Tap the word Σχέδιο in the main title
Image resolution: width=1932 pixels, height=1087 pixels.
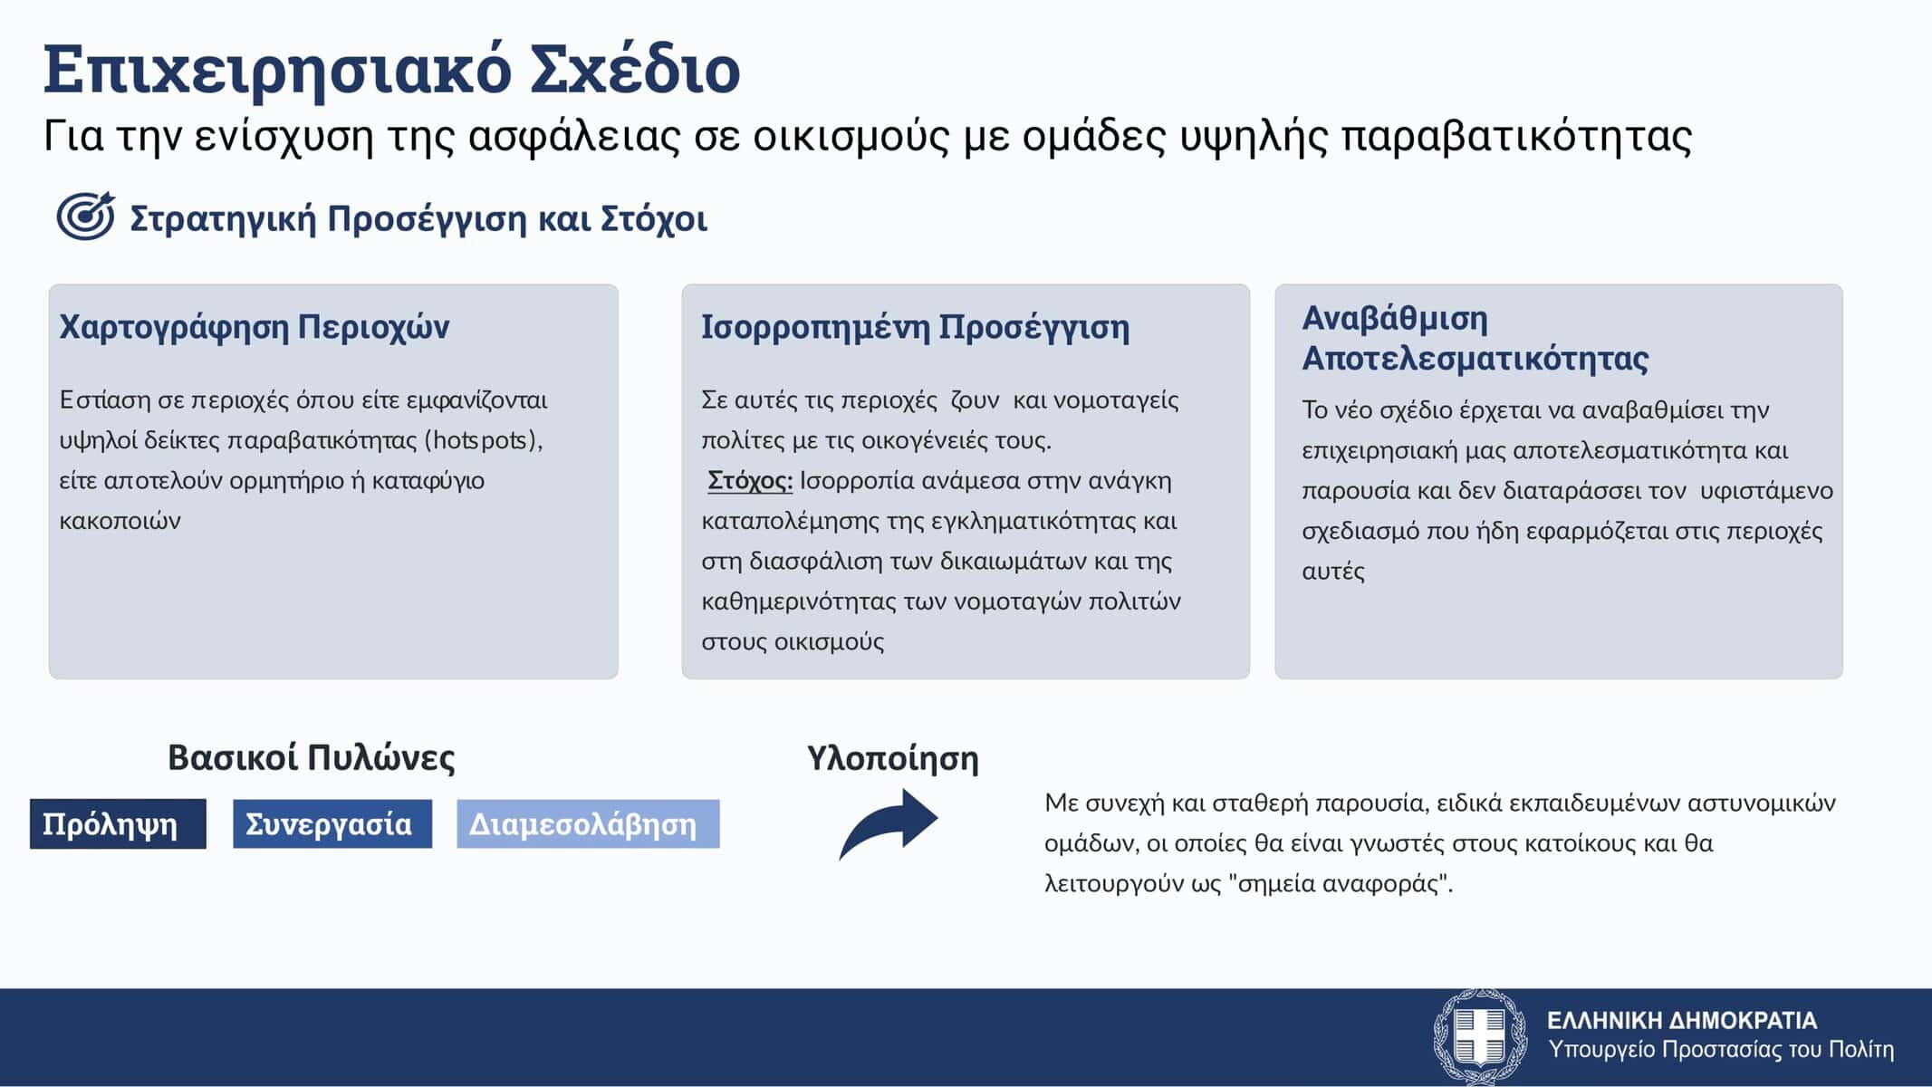point(635,69)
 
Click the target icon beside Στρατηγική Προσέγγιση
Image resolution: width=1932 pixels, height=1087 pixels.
point(86,216)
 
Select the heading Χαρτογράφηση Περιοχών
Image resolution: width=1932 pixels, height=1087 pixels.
point(255,327)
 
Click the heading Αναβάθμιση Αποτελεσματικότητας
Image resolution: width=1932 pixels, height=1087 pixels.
point(1475,339)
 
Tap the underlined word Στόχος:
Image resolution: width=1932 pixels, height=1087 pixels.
point(750,480)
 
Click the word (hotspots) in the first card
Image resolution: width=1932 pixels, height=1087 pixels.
point(484,440)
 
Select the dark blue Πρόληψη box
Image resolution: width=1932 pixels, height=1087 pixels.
point(118,823)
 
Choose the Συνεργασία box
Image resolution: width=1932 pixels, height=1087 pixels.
point(332,823)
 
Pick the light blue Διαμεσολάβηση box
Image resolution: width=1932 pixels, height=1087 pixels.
point(588,823)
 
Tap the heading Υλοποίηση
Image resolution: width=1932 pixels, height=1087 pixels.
point(893,758)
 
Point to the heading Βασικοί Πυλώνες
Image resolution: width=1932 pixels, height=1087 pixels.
point(312,757)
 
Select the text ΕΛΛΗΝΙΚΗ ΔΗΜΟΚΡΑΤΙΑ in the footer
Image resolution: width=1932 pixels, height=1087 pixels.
point(1682,1021)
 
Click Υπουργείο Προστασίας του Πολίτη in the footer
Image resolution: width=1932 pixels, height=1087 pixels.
point(1721,1050)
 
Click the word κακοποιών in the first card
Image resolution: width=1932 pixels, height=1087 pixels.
point(120,521)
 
